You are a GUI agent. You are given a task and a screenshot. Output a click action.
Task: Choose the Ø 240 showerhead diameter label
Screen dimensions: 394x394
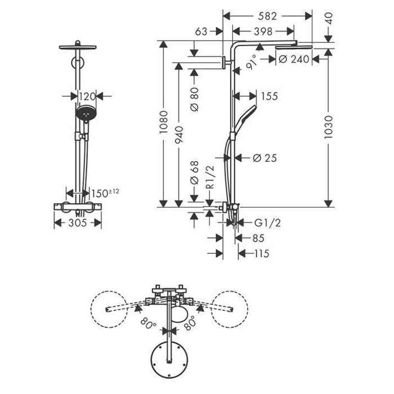click(x=295, y=60)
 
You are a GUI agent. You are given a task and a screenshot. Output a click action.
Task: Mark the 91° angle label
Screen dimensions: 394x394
click(x=250, y=62)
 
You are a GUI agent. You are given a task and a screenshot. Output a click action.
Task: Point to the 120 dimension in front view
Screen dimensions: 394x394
click(x=88, y=96)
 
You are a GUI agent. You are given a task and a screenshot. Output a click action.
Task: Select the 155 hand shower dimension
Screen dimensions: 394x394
click(x=268, y=96)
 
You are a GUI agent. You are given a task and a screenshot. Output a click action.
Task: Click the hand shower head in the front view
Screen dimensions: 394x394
click(x=84, y=114)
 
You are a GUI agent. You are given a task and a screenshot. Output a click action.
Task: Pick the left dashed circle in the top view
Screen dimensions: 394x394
click(x=110, y=310)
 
